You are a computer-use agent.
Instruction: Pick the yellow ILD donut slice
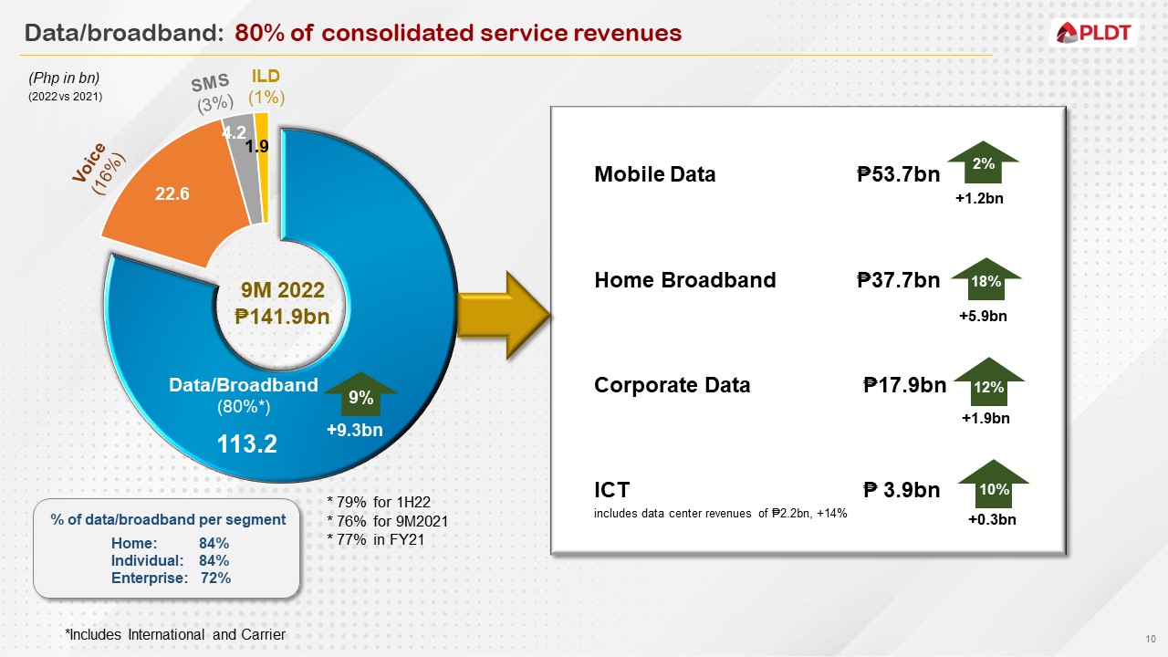[x=263, y=164]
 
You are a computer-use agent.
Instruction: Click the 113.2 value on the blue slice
[x=246, y=444]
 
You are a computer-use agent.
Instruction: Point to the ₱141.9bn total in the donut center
[x=282, y=317]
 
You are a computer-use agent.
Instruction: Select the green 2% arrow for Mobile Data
[x=982, y=165]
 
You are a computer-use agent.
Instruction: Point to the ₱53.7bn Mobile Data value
[x=899, y=175]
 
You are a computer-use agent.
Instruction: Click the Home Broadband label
[x=684, y=280]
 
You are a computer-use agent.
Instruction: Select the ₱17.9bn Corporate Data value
[x=904, y=385]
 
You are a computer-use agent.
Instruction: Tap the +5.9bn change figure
[x=983, y=316]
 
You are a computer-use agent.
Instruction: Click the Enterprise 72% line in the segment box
[x=171, y=578]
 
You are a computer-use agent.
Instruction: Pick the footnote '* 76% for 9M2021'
[x=387, y=521]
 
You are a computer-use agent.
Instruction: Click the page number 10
[x=1150, y=637]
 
